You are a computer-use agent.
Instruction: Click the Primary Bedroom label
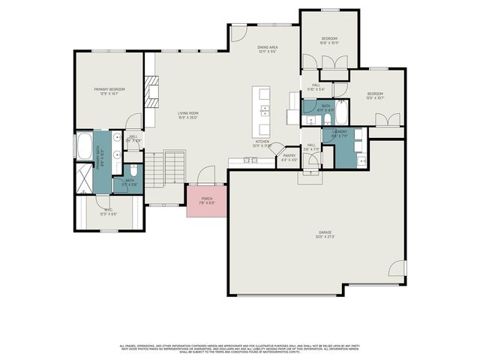pyautogui.click(x=109, y=91)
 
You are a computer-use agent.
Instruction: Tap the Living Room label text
pyautogui.click(x=187, y=115)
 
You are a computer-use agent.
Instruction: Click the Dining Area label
pyautogui.click(x=268, y=49)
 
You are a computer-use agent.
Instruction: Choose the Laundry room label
pyautogui.click(x=340, y=134)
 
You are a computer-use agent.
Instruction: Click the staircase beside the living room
pyautogui.click(x=174, y=168)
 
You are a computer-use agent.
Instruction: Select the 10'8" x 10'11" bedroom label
pyautogui.click(x=330, y=40)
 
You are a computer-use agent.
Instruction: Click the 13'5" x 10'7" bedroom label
pyautogui.click(x=374, y=96)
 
